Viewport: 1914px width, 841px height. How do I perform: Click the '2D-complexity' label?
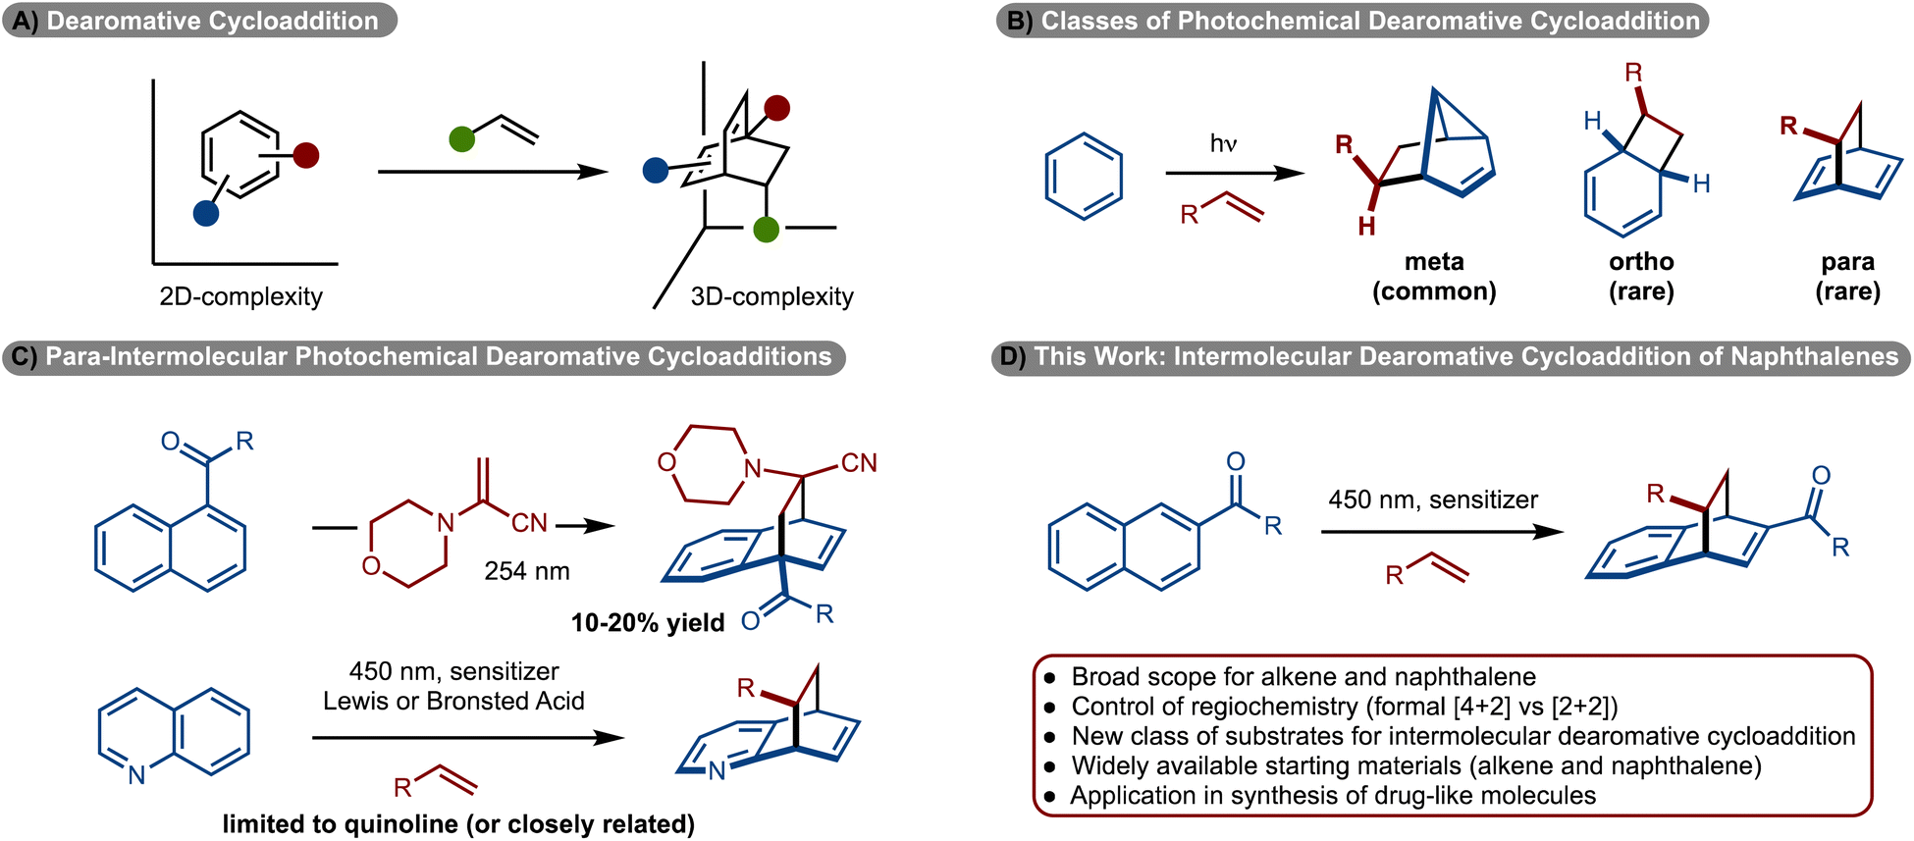coord(240,296)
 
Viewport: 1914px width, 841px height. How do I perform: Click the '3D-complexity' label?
coord(771,296)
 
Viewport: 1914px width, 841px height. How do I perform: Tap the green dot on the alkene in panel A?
coord(461,139)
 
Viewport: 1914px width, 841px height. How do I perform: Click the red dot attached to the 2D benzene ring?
coord(306,155)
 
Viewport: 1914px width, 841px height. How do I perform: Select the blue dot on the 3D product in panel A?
coord(656,171)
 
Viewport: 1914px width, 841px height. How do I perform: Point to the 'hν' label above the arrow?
coord(1223,144)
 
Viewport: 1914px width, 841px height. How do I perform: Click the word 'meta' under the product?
coord(1434,262)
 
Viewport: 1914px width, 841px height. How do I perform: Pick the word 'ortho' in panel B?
coord(1641,262)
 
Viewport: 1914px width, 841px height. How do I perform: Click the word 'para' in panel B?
coord(1847,262)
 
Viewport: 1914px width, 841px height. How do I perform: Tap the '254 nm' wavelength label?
coord(526,571)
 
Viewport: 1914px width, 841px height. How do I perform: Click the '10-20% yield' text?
coord(648,622)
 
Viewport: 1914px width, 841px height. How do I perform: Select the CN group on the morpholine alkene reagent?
coord(529,523)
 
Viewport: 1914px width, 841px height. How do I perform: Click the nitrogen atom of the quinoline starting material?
coord(136,775)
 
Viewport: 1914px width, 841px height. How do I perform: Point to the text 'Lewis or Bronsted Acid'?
coord(453,701)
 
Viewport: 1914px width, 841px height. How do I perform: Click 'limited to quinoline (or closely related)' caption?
coord(458,823)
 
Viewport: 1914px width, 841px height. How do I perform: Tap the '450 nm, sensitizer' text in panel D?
coord(1433,499)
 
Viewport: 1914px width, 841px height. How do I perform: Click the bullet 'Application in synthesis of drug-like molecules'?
coord(1332,795)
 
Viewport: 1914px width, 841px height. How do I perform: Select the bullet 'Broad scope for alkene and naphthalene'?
coord(1303,676)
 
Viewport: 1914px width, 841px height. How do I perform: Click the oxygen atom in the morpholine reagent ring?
coord(371,565)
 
